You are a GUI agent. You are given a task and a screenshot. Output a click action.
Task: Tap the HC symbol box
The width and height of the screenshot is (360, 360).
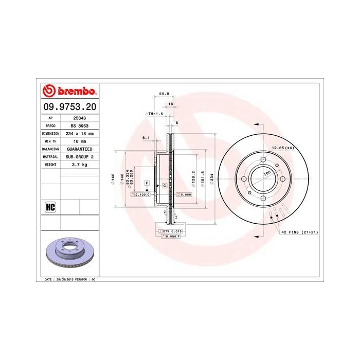click(50, 207)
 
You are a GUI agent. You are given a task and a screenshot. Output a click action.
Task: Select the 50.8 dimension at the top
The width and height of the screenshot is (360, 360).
click(164, 94)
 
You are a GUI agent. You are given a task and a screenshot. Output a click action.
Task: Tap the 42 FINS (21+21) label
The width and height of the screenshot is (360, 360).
click(300, 232)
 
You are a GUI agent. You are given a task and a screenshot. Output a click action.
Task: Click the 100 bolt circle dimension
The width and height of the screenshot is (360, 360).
click(267, 174)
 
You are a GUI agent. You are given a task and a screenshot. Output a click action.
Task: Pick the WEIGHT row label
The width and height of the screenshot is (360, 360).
click(50, 164)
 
